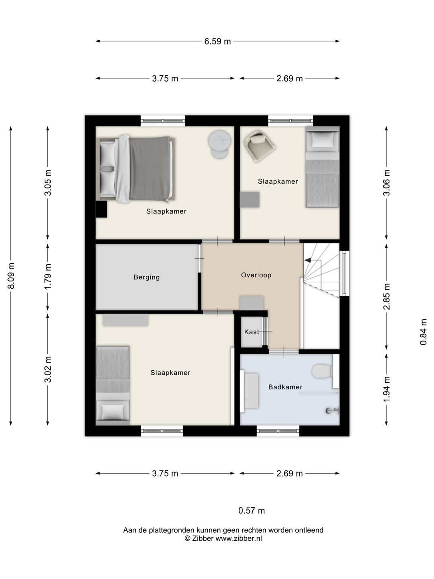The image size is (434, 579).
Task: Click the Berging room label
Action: (147, 277)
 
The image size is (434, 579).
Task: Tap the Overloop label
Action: (256, 275)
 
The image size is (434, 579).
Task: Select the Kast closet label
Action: (252, 332)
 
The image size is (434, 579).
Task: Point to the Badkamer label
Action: (285, 387)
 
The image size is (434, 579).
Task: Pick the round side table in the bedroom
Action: (219, 145)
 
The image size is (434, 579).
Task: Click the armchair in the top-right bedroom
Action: (259, 146)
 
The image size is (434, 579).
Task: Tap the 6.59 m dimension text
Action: (217, 41)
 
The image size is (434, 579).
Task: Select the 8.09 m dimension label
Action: (11, 276)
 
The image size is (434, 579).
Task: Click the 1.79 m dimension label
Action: (48, 277)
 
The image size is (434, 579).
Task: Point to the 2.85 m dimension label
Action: (387, 296)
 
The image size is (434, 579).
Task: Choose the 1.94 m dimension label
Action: (387, 389)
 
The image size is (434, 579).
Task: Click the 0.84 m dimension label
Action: (424, 332)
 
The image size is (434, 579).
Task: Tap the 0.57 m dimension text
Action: (252, 511)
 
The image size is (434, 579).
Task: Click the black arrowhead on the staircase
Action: (307, 261)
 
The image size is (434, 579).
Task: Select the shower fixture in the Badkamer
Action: (332, 411)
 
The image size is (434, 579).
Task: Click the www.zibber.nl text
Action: (239, 538)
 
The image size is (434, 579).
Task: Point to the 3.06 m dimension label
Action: (387, 183)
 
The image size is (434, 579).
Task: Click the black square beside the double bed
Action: (101, 209)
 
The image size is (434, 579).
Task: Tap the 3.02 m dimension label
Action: (48, 369)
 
